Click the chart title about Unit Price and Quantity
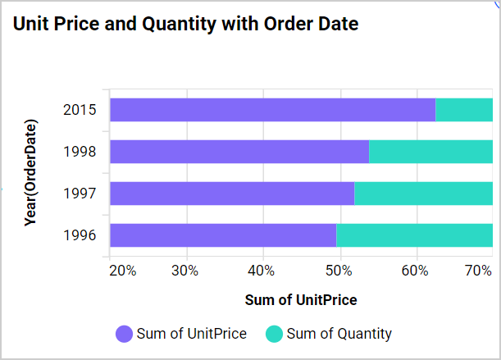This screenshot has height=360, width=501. click(186, 25)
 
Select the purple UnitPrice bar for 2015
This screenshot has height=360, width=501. click(272, 109)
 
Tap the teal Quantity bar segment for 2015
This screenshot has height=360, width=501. click(464, 109)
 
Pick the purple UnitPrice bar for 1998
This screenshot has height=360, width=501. click(239, 152)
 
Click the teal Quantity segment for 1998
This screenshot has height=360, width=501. click(430, 152)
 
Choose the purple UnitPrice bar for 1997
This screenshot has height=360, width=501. click(231, 194)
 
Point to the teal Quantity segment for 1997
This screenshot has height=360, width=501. click(423, 194)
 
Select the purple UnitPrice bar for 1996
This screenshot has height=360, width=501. click(222, 235)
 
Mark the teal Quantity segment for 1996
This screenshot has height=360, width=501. click(414, 235)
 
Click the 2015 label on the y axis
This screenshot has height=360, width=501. click(80, 110)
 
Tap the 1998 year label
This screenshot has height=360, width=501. click(80, 152)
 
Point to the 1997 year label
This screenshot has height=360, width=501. click(80, 194)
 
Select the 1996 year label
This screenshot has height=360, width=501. click(80, 236)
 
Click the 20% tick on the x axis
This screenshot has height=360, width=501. click(122, 271)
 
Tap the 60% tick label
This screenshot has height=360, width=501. click(417, 271)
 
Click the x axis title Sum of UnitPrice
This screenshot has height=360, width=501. click(301, 300)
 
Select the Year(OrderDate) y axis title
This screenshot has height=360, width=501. click(31, 172)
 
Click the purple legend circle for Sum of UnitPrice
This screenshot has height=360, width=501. click(124, 334)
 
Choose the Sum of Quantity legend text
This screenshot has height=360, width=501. click(339, 334)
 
